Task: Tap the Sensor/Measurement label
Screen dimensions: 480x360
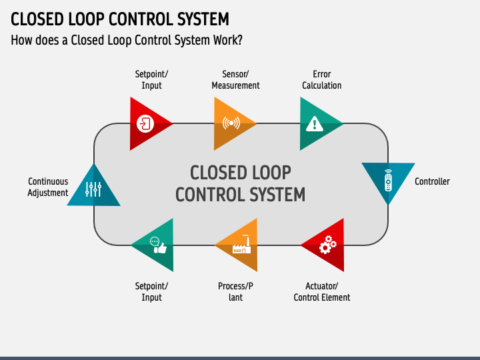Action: click(235, 79)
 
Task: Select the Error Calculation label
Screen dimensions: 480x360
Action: click(322, 79)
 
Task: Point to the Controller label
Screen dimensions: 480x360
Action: click(432, 181)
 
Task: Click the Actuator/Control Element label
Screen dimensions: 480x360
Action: click(322, 292)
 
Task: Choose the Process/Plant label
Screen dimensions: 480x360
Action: click(235, 292)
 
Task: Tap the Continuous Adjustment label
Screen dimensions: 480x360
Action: click(48, 187)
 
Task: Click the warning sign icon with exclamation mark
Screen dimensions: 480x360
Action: click(315, 124)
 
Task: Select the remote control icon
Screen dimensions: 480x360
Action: click(388, 180)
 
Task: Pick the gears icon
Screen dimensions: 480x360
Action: click(327, 244)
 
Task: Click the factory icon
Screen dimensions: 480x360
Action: click(242, 244)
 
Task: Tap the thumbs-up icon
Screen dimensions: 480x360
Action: click(158, 245)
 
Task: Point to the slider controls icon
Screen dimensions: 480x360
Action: click(93, 189)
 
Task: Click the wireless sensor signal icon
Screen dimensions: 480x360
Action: click(231, 123)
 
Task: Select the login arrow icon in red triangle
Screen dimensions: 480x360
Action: click(145, 124)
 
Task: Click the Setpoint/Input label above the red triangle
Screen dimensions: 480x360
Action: click(151, 79)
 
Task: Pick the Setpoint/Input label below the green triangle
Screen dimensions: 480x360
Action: click(151, 292)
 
